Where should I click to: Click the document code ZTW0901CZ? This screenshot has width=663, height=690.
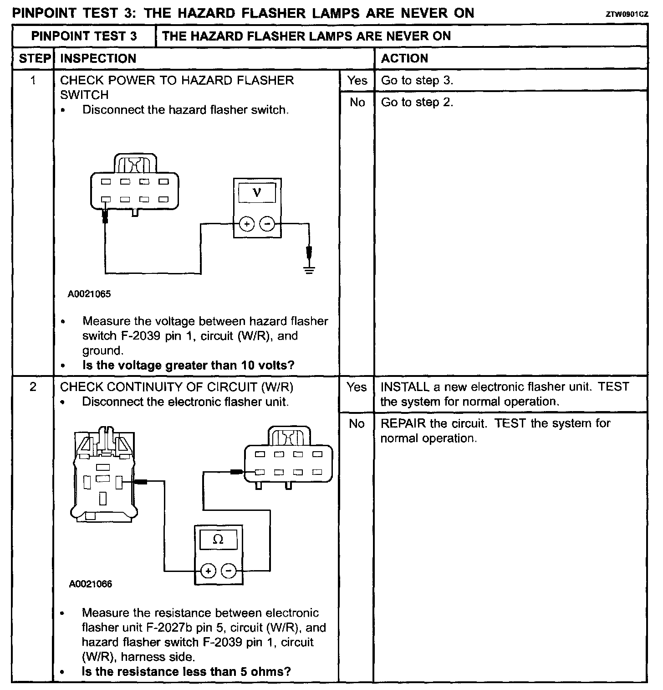(x=627, y=14)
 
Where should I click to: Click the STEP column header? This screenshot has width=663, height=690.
(x=34, y=58)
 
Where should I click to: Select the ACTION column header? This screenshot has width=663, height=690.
(x=404, y=58)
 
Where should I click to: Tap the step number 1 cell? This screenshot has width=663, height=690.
(x=33, y=81)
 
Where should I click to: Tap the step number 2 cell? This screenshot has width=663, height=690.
(x=33, y=387)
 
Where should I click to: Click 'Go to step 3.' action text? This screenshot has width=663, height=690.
(x=417, y=81)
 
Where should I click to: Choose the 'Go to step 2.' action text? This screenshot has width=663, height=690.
(x=417, y=102)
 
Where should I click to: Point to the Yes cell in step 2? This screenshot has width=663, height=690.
(x=357, y=387)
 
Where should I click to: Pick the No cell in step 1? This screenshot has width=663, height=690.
(x=357, y=103)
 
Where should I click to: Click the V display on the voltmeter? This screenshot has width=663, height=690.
(x=257, y=193)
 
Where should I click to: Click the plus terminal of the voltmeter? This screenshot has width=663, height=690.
(x=246, y=224)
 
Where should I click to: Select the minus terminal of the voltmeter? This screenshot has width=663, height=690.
(x=267, y=224)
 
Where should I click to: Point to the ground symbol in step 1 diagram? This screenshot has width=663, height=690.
(x=309, y=270)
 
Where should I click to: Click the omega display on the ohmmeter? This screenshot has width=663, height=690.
(x=218, y=540)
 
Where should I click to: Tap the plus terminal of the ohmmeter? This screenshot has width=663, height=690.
(x=208, y=571)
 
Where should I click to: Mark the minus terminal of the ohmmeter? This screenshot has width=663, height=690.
(x=229, y=571)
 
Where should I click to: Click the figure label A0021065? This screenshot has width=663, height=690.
(x=89, y=294)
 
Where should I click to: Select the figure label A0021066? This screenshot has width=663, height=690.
(x=91, y=584)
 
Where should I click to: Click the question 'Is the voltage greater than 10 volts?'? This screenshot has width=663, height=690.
(x=189, y=365)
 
